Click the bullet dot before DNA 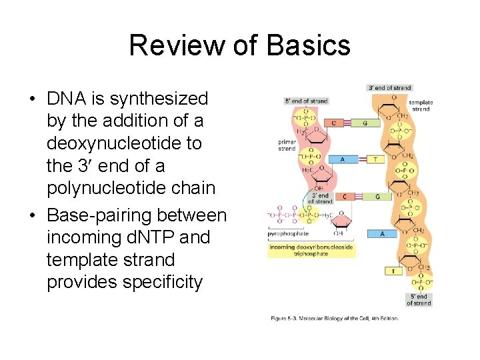(31, 99)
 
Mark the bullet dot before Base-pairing (31, 215)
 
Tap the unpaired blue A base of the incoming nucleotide (383, 234)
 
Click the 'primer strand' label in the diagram (287, 145)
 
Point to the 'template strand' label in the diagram (421, 105)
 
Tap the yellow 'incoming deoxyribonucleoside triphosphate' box (311, 250)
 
